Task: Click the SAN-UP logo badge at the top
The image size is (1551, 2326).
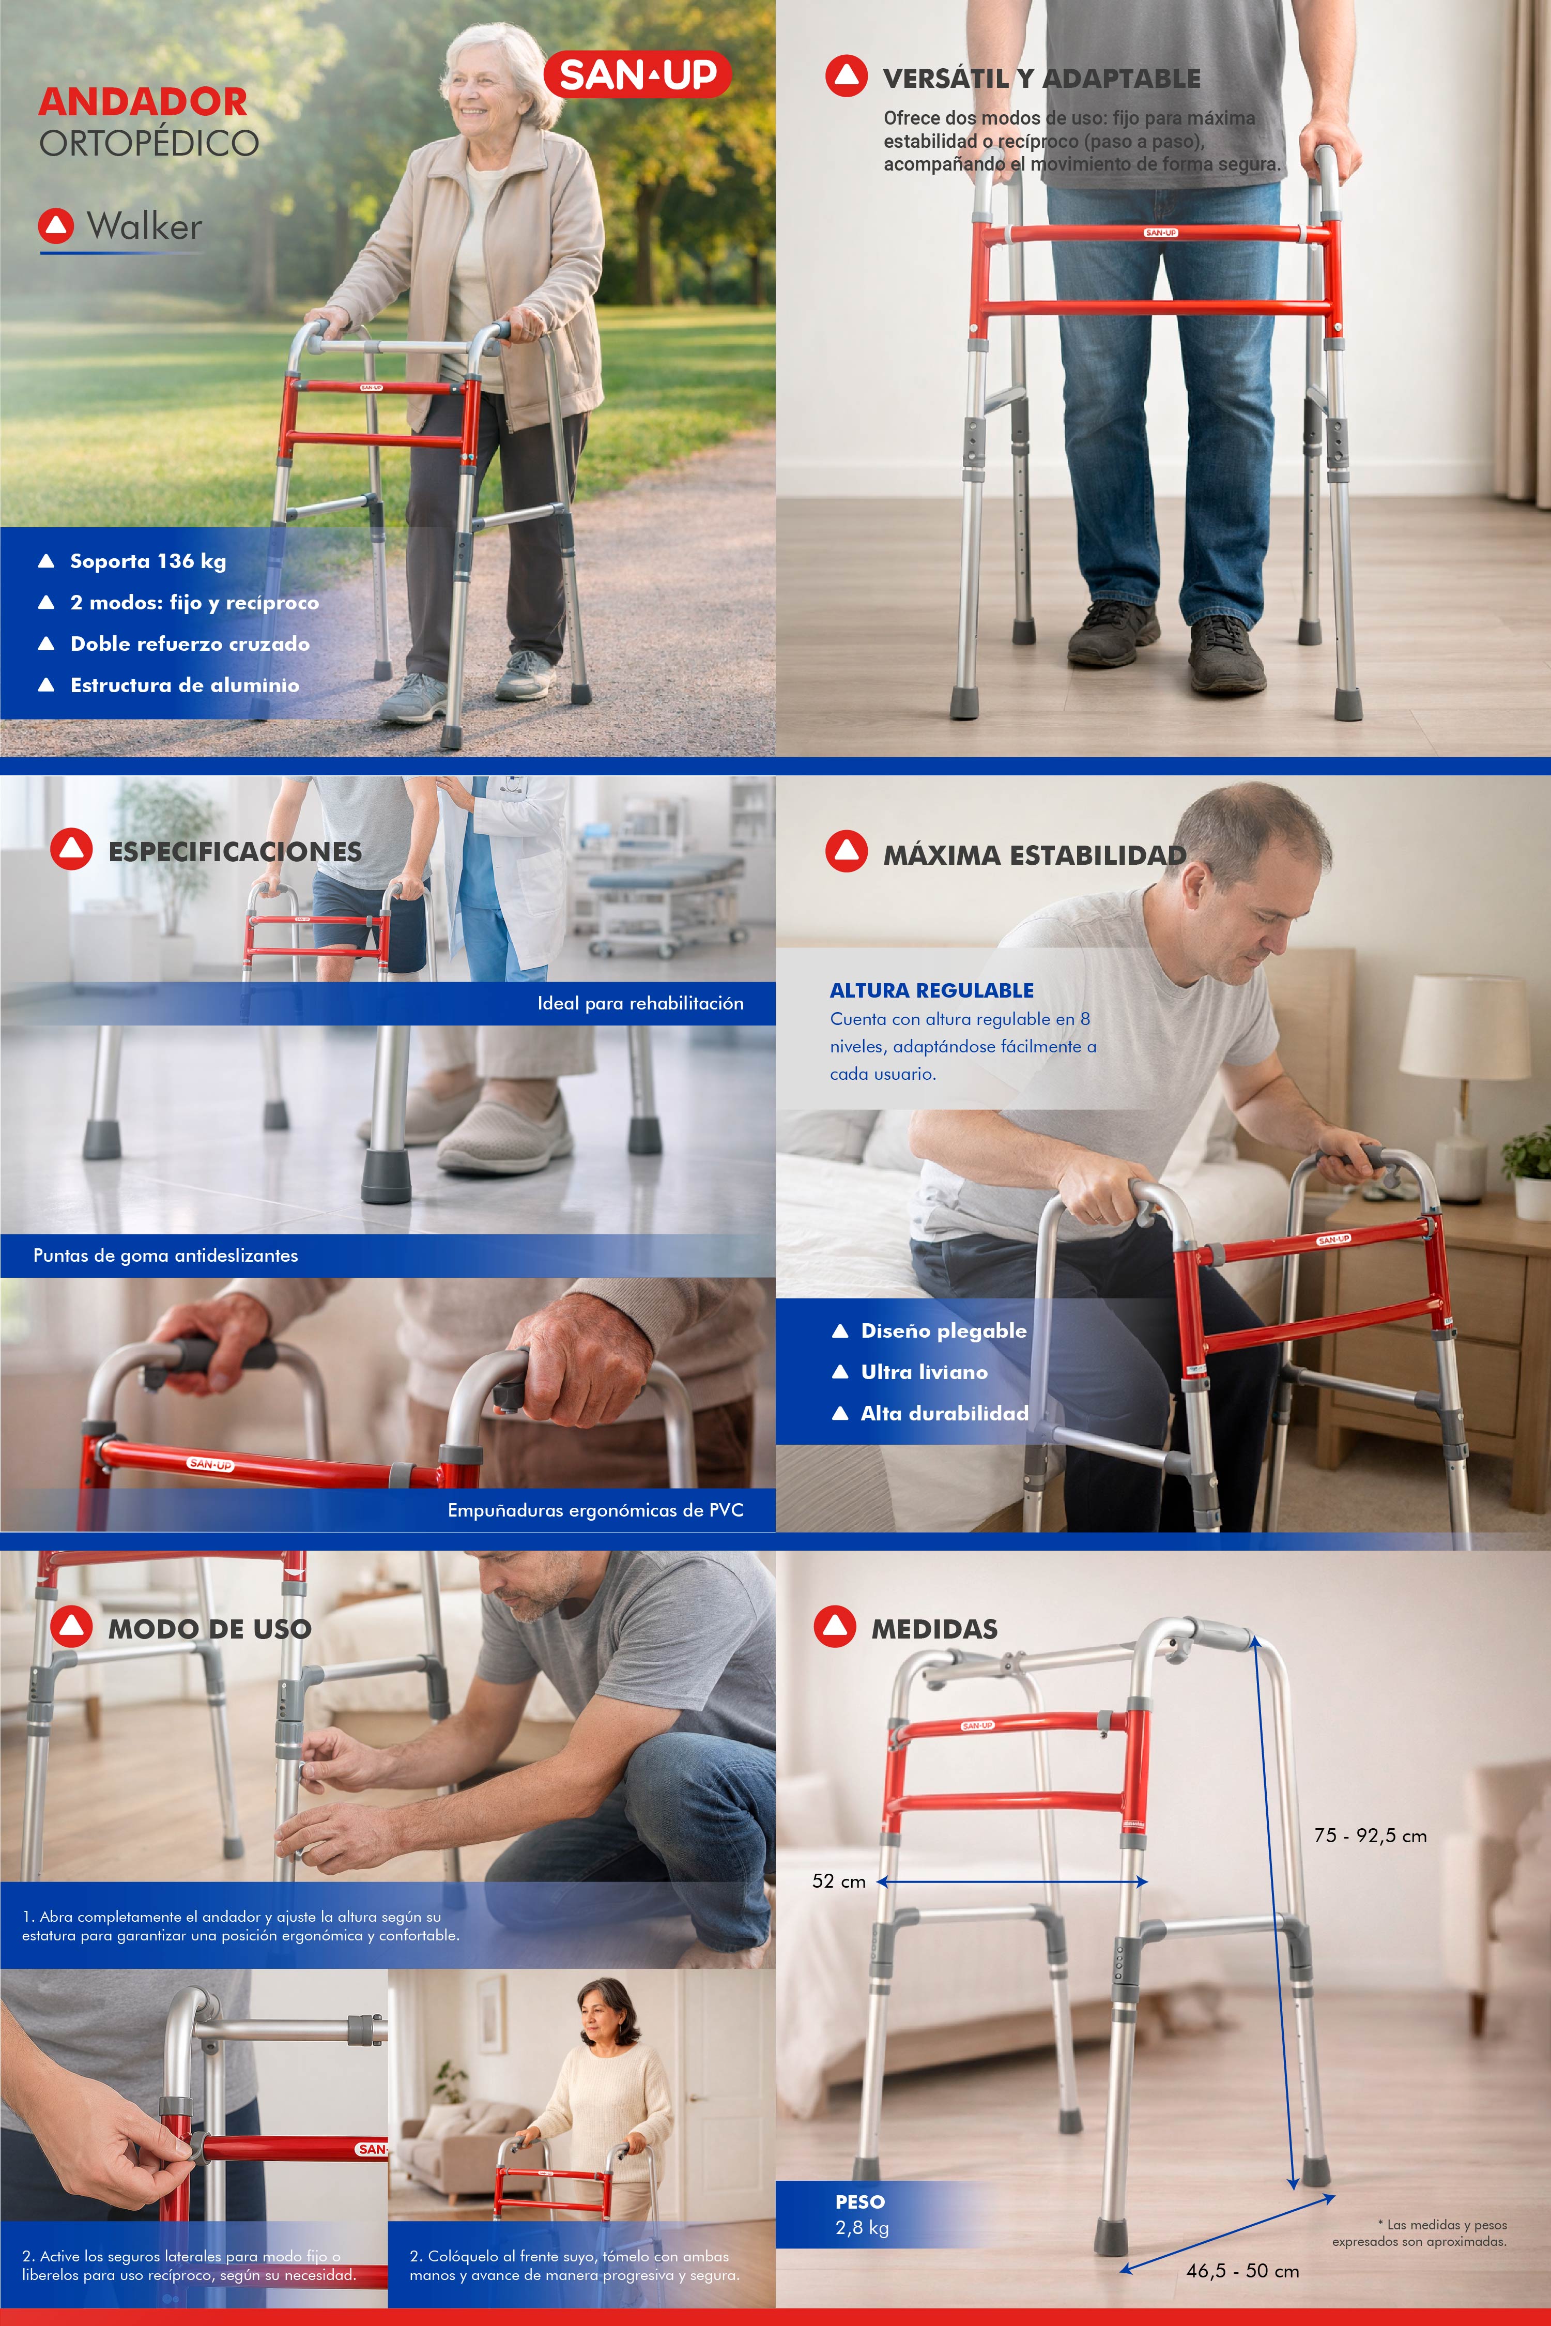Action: pos(637,74)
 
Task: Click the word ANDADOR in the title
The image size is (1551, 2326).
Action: pos(144,102)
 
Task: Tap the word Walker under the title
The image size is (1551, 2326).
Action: pos(144,226)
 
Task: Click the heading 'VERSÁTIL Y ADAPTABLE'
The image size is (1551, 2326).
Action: pos(1041,78)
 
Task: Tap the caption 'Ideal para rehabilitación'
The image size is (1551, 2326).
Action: pos(640,1003)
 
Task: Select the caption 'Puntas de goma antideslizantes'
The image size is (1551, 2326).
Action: pos(165,1256)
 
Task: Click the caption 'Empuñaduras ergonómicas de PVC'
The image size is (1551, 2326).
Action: pos(595,1510)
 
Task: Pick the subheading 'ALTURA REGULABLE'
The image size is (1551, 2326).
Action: pos(932,990)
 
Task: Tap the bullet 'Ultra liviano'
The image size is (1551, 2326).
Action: pos(924,1372)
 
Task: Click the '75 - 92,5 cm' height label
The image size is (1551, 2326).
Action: pos(1370,1835)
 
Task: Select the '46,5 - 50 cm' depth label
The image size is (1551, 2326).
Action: pos(1242,2271)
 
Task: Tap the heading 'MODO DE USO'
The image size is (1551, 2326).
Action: pos(210,1629)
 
